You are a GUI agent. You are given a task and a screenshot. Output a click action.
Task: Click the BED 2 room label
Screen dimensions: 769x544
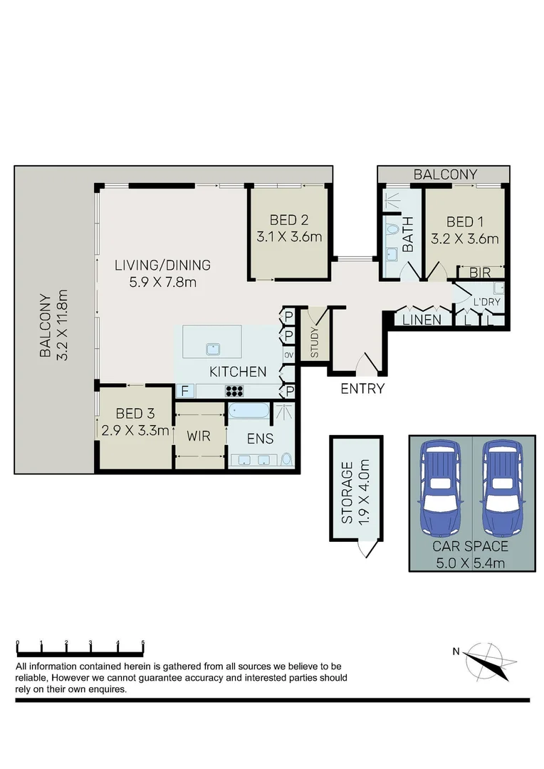(x=288, y=220)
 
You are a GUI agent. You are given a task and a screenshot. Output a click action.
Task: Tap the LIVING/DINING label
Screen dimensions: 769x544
(x=163, y=266)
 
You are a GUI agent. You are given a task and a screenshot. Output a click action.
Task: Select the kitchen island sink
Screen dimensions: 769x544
(x=211, y=348)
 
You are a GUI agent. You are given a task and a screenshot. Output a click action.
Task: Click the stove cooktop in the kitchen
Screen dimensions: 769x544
(x=234, y=390)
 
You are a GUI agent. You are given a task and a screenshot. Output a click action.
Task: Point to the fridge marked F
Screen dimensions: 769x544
(x=184, y=390)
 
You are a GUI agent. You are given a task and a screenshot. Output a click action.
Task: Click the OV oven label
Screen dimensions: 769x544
(x=289, y=355)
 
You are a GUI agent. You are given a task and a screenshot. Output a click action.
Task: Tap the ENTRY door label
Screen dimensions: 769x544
(x=362, y=389)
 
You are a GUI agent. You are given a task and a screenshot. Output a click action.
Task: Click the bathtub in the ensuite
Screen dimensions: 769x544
(x=249, y=412)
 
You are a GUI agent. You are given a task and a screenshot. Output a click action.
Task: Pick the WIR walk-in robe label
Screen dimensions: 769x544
(x=199, y=435)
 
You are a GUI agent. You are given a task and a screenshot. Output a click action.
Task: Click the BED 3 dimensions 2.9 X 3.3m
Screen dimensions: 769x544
(x=134, y=430)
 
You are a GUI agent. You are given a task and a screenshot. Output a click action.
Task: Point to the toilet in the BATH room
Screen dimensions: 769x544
(x=392, y=229)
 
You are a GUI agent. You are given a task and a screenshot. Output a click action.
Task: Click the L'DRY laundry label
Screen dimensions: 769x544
(x=487, y=302)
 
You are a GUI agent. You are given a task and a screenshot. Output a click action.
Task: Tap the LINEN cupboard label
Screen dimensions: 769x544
(x=422, y=320)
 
